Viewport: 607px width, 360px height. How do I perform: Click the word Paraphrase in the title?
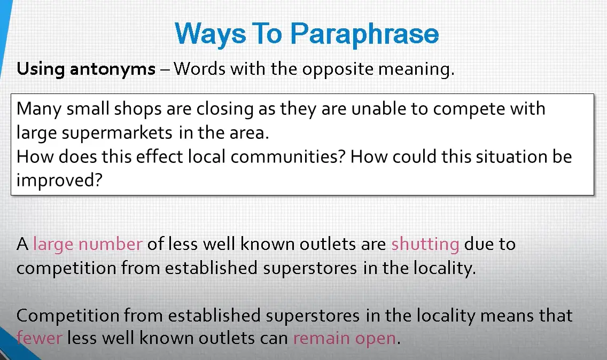tap(364, 34)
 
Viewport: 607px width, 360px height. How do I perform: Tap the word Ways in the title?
tap(210, 34)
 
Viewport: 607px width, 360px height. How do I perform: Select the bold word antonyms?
tap(113, 69)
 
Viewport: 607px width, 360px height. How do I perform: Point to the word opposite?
tap(338, 69)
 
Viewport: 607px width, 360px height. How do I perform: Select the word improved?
tap(59, 181)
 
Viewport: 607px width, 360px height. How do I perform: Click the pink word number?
tap(110, 245)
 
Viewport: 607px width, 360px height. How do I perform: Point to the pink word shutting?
tap(425, 245)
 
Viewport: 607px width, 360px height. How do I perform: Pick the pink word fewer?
tap(39, 338)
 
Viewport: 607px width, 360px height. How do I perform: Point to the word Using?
tap(41, 69)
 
